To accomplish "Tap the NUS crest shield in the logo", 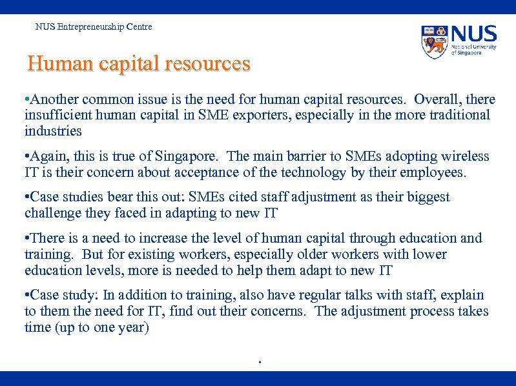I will [x=435, y=41].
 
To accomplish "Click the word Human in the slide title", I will [x=52, y=65].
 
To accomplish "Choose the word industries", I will [x=53, y=131].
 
